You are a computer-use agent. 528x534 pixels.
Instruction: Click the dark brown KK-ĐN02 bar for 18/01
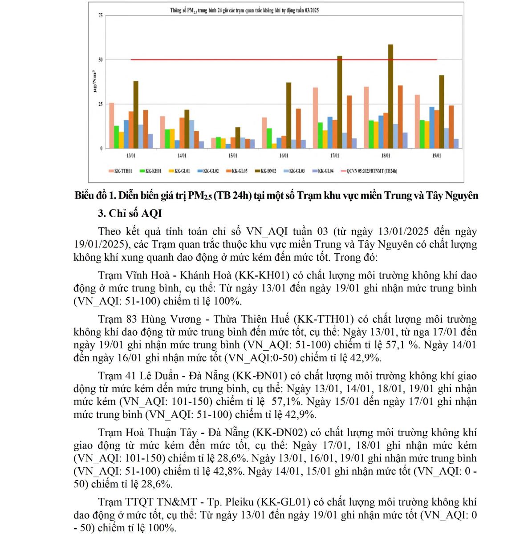point(390,96)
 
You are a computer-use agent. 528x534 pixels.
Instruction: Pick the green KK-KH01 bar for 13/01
point(117,137)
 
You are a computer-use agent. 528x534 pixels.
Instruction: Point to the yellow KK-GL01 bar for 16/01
point(274,146)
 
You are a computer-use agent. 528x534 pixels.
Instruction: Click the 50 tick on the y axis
point(101,60)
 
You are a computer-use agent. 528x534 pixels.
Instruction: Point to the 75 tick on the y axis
point(101,16)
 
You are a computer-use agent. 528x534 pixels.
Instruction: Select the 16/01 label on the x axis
point(284,156)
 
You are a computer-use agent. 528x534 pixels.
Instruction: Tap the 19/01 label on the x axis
point(437,156)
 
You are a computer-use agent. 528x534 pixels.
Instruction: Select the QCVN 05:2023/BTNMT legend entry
point(369,171)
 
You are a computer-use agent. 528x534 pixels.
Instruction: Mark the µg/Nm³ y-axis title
point(94,81)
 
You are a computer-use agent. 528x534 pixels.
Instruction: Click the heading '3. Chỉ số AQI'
point(130,214)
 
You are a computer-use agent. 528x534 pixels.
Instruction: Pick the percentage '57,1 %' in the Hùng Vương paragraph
point(404,345)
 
